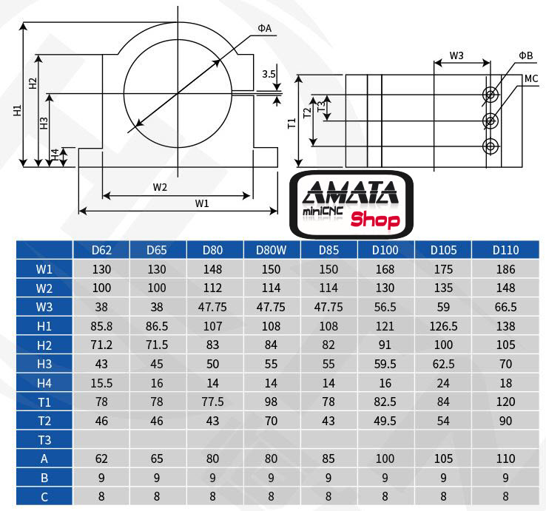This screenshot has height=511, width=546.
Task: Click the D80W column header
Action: coord(272,250)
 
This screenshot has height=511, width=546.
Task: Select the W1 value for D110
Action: coord(505,269)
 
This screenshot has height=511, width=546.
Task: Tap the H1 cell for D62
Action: coord(102,326)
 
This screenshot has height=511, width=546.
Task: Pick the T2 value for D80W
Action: coord(272,421)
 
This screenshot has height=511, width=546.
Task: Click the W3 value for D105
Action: coord(442,307)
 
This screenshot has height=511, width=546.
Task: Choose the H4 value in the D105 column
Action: coord(442,383)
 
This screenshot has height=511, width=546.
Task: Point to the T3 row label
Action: coord(44,440)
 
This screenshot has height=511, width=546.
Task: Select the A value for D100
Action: coord(385,459)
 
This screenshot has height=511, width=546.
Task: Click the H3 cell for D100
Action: coord(385,364)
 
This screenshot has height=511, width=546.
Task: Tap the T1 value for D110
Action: coord(505,402)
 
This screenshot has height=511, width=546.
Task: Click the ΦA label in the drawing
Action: coord(265,28)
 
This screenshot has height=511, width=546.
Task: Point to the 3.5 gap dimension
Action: coord(269,74)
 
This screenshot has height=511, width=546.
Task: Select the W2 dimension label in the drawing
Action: coord(161,187)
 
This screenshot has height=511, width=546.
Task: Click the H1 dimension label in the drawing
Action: coord(17,111)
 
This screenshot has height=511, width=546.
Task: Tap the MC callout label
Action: coord(530,78)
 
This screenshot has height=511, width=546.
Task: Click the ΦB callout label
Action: coord(525,55)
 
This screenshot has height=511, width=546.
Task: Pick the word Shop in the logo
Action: coord(374,220)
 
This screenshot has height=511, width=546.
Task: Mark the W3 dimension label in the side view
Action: coord(456,56)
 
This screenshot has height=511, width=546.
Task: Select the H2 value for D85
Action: coord(328,345)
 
